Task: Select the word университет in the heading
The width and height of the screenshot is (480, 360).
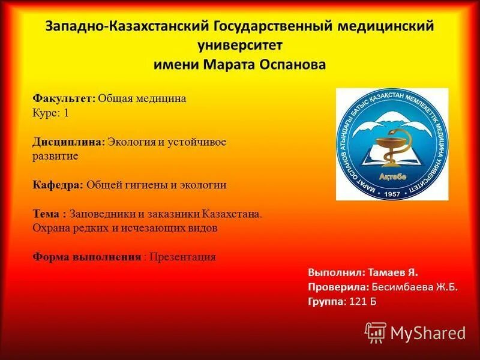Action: tap(240, 45)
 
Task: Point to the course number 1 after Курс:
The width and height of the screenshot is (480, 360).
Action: tap(67, 112)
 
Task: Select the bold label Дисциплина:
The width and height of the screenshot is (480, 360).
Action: tap(69, 142)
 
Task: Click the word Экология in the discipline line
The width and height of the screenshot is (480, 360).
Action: tap(131, 142)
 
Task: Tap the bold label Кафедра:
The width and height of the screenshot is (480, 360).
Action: tap(58, 185)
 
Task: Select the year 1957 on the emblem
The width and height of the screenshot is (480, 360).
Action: tap(392, 194)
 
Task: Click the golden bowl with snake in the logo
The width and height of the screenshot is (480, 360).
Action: tap(391, 146)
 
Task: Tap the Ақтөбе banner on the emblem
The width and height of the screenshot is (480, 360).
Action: tap(392, 176)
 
